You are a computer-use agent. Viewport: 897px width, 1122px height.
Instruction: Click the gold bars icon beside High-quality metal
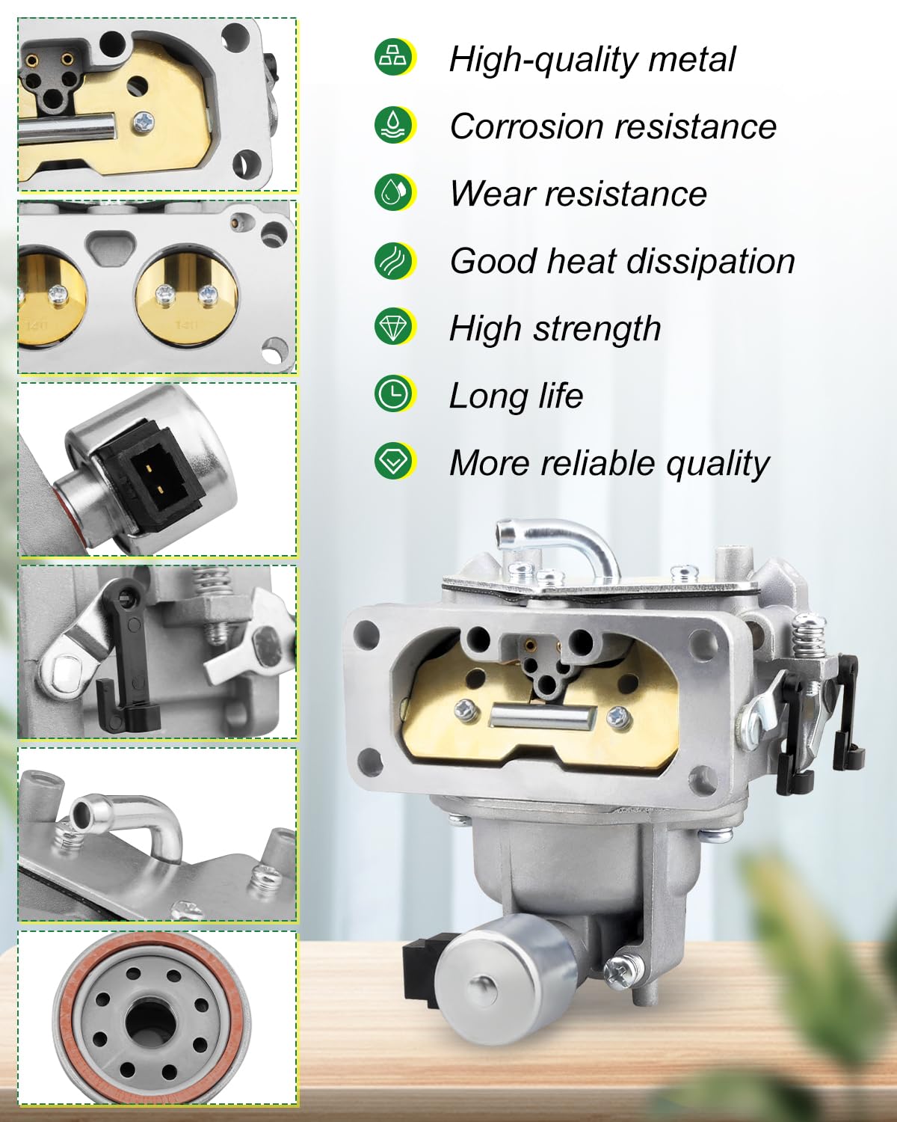coord(394,58)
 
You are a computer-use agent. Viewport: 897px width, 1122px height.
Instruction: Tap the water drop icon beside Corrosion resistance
coord(394,125)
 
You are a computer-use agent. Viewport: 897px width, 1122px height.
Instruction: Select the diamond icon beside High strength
coord(394,327)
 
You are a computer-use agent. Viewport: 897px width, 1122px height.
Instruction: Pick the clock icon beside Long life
coord(394,394)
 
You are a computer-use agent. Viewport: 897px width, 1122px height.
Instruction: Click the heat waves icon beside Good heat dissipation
coord(394,260)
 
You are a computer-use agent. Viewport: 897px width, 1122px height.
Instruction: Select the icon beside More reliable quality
coord(394,462)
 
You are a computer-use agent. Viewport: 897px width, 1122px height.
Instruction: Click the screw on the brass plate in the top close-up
coord(144,120)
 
